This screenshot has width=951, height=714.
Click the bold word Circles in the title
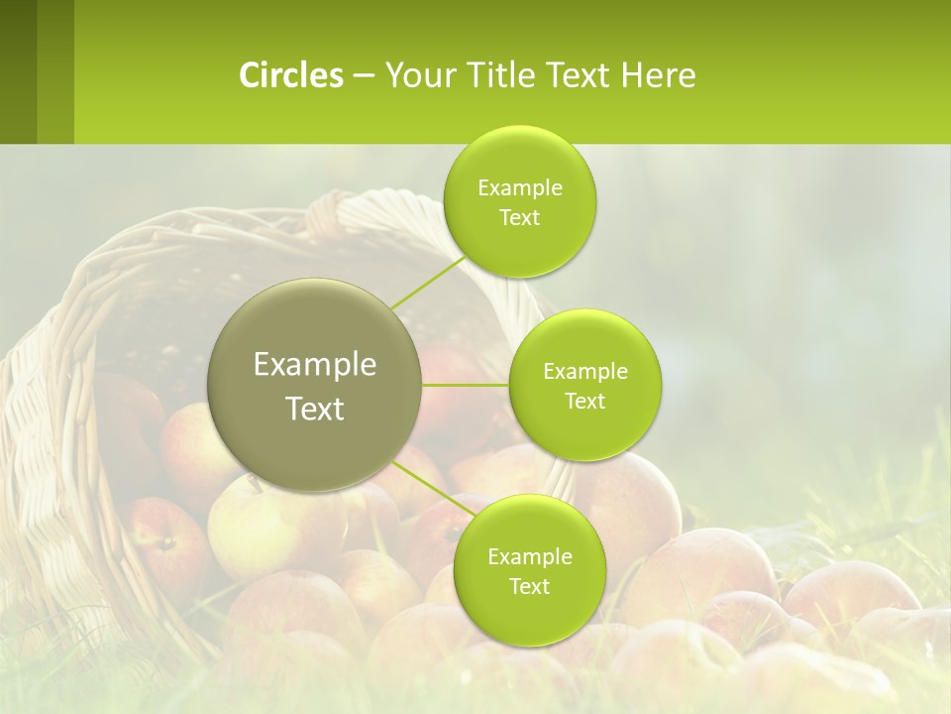point(290,75)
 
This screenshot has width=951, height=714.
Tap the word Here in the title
point(658,75)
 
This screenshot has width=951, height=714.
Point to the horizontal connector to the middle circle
point(466,385)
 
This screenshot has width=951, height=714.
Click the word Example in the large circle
point(315,365)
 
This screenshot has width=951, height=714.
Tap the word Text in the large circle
point(315,409)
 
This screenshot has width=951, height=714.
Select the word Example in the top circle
point(520,188)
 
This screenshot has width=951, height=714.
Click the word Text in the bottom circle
point(529,586)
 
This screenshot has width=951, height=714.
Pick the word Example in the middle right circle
point(585,372)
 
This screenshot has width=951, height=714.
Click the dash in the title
point(364,75)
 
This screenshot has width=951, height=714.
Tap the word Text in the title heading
point(578,75)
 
